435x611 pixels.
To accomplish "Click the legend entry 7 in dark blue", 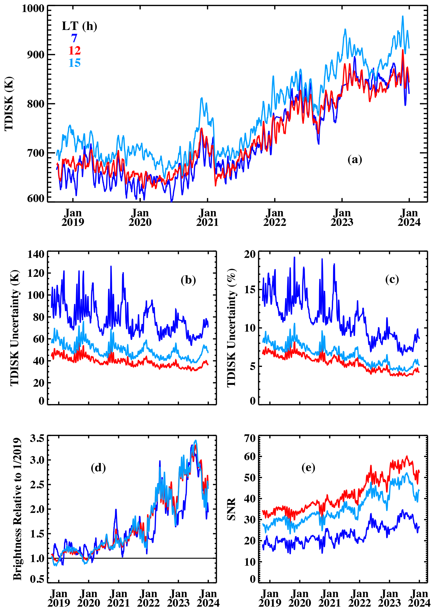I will [x=74, y=38].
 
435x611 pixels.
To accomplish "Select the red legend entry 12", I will [x=74, y=50].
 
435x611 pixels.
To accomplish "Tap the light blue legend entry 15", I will [x=74, y=63].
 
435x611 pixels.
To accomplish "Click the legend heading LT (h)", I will [x=79, y=26].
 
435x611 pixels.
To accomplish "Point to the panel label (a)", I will [x=355, y=160].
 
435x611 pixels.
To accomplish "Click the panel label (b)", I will [x=188, y=280].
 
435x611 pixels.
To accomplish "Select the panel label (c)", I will [x=392, y=279].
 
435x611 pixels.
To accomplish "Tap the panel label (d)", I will [x=98, y=468].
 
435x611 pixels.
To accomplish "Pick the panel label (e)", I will [x=308, y=468].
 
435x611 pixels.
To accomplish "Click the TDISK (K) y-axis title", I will [x=9, y=104].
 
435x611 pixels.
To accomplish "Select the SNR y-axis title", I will [x=231, y=509].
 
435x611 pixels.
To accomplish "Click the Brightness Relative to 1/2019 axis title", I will [x=17, y=509].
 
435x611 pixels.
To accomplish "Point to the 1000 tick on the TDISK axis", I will [x=33, y=8].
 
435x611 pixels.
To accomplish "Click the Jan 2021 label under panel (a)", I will [x=207, y=218].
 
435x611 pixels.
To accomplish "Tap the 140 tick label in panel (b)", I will [x=36, y=254].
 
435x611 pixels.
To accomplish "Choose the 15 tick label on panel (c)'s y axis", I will [x=250, y=290].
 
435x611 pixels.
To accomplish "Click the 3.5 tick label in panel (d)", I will [x=37, y=438].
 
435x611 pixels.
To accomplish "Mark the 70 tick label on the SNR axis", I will [x=250, y=438].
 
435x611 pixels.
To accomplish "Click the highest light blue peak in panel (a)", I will [x=402, y=16].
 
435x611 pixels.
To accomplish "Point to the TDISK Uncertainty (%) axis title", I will [x=231, y=328].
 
